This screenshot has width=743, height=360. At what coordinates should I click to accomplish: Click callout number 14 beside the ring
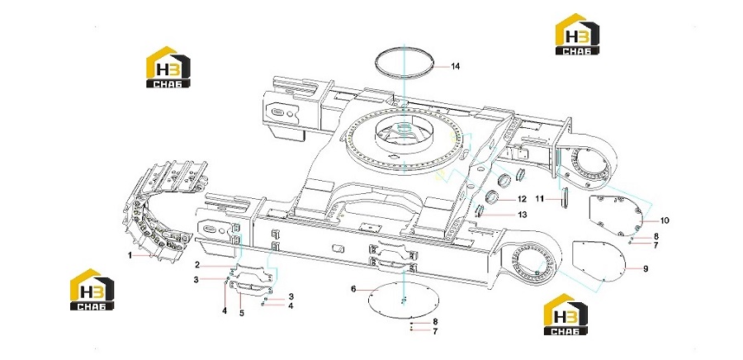[x=455, y=67]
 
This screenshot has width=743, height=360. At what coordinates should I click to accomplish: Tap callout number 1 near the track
[x=130, y=255]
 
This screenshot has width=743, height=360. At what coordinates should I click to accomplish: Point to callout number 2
[x=197, y=264]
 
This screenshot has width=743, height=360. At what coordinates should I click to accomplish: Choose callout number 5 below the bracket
[x=242, y=313]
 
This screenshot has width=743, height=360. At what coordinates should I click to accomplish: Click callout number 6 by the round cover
[x=353, y=288]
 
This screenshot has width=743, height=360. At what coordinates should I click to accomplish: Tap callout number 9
[x=646, y=268]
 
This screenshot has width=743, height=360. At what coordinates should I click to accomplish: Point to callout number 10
[x=665, y=220]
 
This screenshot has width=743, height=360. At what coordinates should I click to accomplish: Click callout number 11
[x=540, y=198]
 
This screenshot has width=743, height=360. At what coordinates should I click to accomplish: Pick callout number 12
[x=522, y=198]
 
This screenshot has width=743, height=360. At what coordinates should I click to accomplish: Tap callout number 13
[x=522, y=215]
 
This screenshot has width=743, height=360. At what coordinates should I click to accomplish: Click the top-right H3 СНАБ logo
[x=577, y=34]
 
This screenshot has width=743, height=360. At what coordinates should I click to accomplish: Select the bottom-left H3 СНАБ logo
[x=92, y=290]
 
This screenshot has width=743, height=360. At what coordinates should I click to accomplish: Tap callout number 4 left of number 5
[x=225, y=311]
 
